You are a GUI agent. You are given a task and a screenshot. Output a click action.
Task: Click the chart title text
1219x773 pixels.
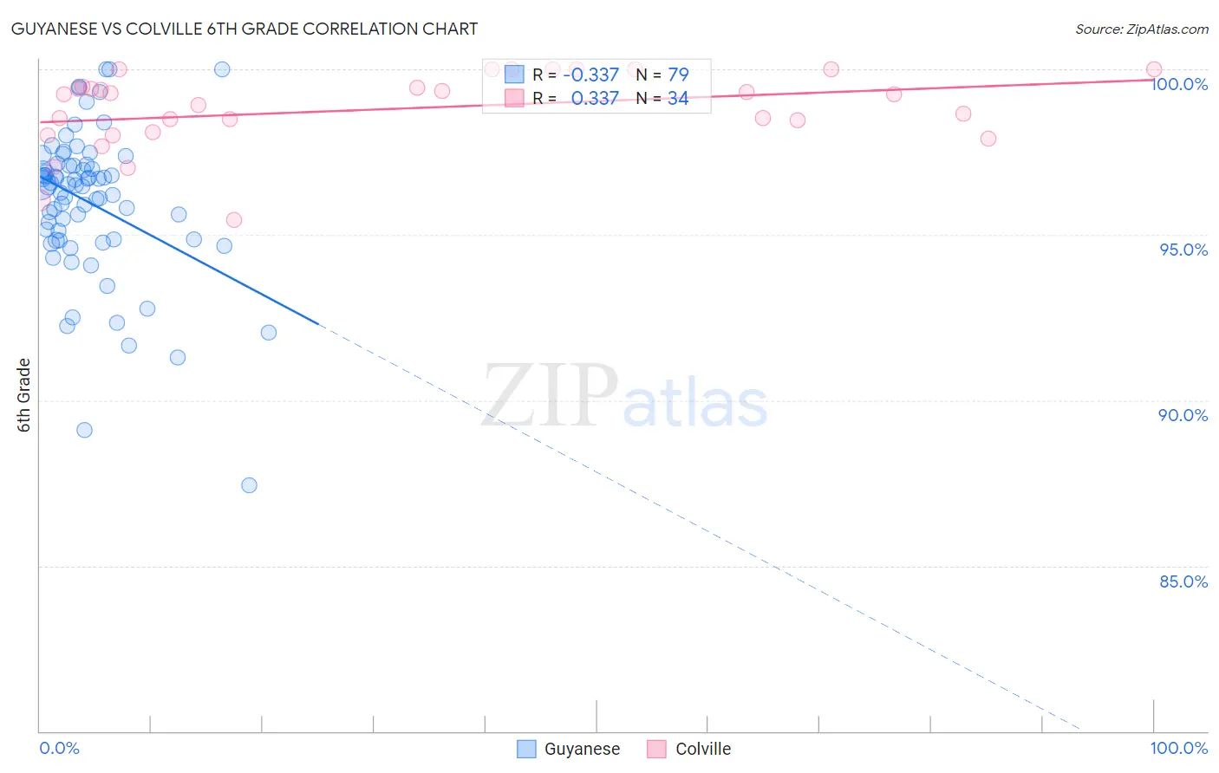tap(244, 29)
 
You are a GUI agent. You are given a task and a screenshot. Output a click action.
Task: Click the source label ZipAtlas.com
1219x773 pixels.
tap(1141, 29)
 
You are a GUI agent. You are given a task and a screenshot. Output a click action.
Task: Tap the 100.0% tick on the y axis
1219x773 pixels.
tap(1179, 84)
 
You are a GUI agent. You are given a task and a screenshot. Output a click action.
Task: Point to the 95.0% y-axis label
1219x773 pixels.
tap(1183, 250)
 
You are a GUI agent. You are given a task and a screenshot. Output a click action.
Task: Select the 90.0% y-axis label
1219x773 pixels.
tap(1183, 415)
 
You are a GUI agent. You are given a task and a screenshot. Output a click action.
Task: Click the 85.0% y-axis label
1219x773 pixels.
tap(1183, 581)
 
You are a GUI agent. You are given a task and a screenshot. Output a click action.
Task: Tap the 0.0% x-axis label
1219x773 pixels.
tap(59, 748)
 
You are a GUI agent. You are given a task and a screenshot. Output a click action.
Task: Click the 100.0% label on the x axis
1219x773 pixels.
tap(1178, 748)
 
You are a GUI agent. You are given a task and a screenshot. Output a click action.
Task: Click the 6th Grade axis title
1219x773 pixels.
tap(24, 394)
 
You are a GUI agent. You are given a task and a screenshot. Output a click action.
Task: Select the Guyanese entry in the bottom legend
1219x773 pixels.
tap(581, 749)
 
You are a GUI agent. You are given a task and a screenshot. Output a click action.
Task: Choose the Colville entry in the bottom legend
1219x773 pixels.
tap(702, 749)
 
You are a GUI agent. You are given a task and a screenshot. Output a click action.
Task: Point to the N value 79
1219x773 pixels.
tap(678, 75)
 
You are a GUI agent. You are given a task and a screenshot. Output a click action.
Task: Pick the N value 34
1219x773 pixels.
tap(678, 99)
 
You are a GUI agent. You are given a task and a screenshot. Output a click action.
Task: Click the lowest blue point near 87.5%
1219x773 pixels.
tap(249, 485)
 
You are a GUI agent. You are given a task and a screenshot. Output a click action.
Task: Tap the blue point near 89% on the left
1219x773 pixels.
tap(84, 430)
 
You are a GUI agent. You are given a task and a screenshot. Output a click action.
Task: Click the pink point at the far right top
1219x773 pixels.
tap(1154, 69)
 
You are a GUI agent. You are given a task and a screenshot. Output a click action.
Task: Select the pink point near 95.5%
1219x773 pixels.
tap(233, 220)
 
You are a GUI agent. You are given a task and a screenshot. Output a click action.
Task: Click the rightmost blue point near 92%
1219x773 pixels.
tap(269, 333)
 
